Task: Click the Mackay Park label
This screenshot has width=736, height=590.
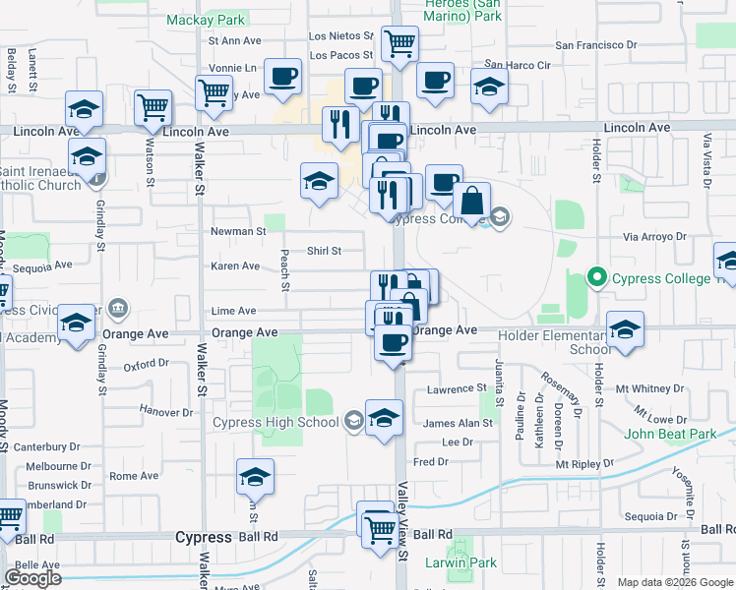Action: point(205,19)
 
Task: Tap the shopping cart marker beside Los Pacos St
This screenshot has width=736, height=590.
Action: point(399,44)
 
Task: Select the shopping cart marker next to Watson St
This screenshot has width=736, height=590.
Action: point(153,108)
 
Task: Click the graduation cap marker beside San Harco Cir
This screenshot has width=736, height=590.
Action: point(489,88)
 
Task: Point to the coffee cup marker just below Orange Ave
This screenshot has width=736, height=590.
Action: point(394,343)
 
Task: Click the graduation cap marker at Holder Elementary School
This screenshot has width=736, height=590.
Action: point(624,329)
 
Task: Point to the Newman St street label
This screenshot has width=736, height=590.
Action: point(238,232)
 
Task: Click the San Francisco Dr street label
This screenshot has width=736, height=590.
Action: point(596,45)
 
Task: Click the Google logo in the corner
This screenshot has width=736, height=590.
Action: point(32,577)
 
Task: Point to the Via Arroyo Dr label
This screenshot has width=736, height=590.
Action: point(653,237)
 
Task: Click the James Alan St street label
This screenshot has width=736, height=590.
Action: point(457,424)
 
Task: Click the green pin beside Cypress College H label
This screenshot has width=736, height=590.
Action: point(594,278)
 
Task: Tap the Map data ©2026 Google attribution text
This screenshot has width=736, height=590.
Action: point(673,582)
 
